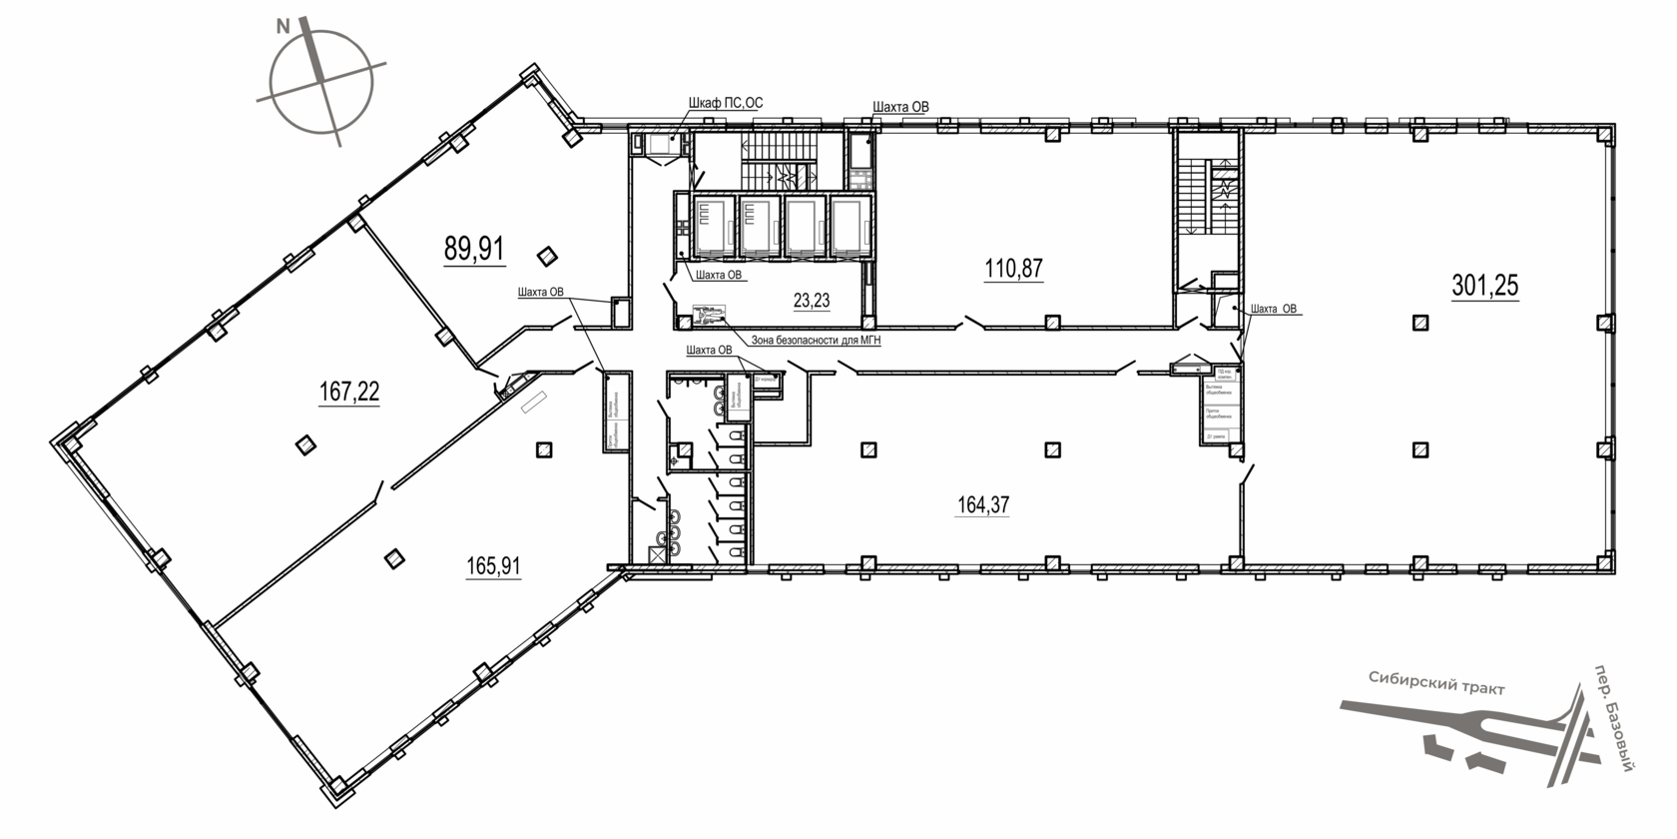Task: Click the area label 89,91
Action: point(474,249)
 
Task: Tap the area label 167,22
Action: point(349,393)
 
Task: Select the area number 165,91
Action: point(493,567)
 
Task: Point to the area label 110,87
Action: point(1014,268)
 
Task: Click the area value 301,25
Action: point(1484,287)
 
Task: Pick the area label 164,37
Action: point(983,505)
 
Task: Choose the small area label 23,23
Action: point(812,300)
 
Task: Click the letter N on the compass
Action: point(283,29)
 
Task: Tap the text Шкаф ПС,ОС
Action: point(726,103)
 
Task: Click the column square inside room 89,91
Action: point(546,257)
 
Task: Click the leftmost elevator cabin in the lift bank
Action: point(714,226)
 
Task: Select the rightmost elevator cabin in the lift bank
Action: point(851,226)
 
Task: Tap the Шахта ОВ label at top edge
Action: point(900,107)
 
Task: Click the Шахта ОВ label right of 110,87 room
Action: point(1273,309)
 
